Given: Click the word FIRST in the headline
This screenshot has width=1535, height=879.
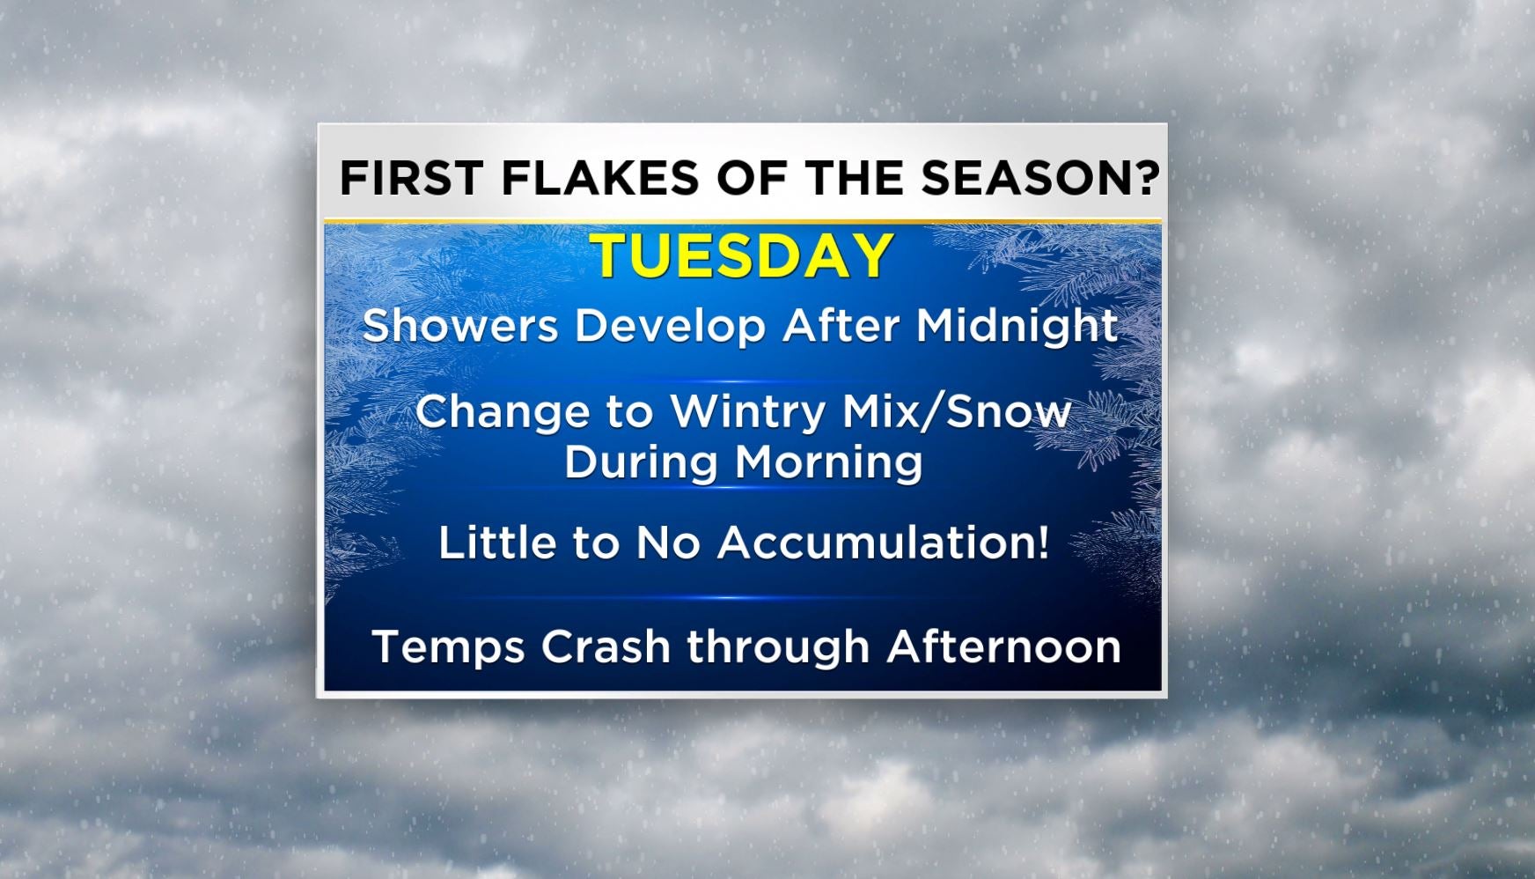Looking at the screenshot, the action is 411,178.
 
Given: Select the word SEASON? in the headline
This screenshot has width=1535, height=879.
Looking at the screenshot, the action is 1041,178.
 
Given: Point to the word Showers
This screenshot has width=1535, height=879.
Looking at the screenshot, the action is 461,326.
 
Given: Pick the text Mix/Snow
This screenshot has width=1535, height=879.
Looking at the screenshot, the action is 958,411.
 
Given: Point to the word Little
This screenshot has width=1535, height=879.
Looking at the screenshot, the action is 498,542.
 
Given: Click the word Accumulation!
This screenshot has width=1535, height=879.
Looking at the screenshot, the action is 884,542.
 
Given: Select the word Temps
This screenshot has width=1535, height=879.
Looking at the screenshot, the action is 449,648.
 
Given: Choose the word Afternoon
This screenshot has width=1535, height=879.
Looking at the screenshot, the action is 1003,646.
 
